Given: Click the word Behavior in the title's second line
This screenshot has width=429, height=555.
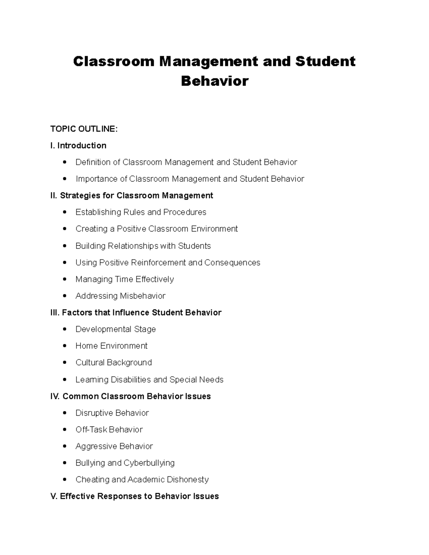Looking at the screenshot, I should (214, 81).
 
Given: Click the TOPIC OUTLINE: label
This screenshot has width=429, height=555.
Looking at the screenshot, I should (84, 129).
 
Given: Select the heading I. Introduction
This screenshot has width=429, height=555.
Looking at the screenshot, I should (78, 145).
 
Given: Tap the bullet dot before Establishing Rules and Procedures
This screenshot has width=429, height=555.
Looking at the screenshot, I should (64, 212).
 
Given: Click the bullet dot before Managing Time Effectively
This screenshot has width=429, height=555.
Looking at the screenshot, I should (64, 279).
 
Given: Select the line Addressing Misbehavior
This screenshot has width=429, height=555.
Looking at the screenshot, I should (120, 296).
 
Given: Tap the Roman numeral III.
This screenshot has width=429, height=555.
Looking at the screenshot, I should (55, 313).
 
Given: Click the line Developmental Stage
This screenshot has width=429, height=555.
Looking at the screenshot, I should (115, 329).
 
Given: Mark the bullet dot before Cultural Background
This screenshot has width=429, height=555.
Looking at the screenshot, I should (64, 363).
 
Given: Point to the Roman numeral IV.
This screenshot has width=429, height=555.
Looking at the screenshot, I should (55, 396).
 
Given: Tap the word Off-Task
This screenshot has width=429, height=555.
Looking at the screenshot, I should (91, 430).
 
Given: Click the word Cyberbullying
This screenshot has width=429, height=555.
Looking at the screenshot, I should (149, 463).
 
